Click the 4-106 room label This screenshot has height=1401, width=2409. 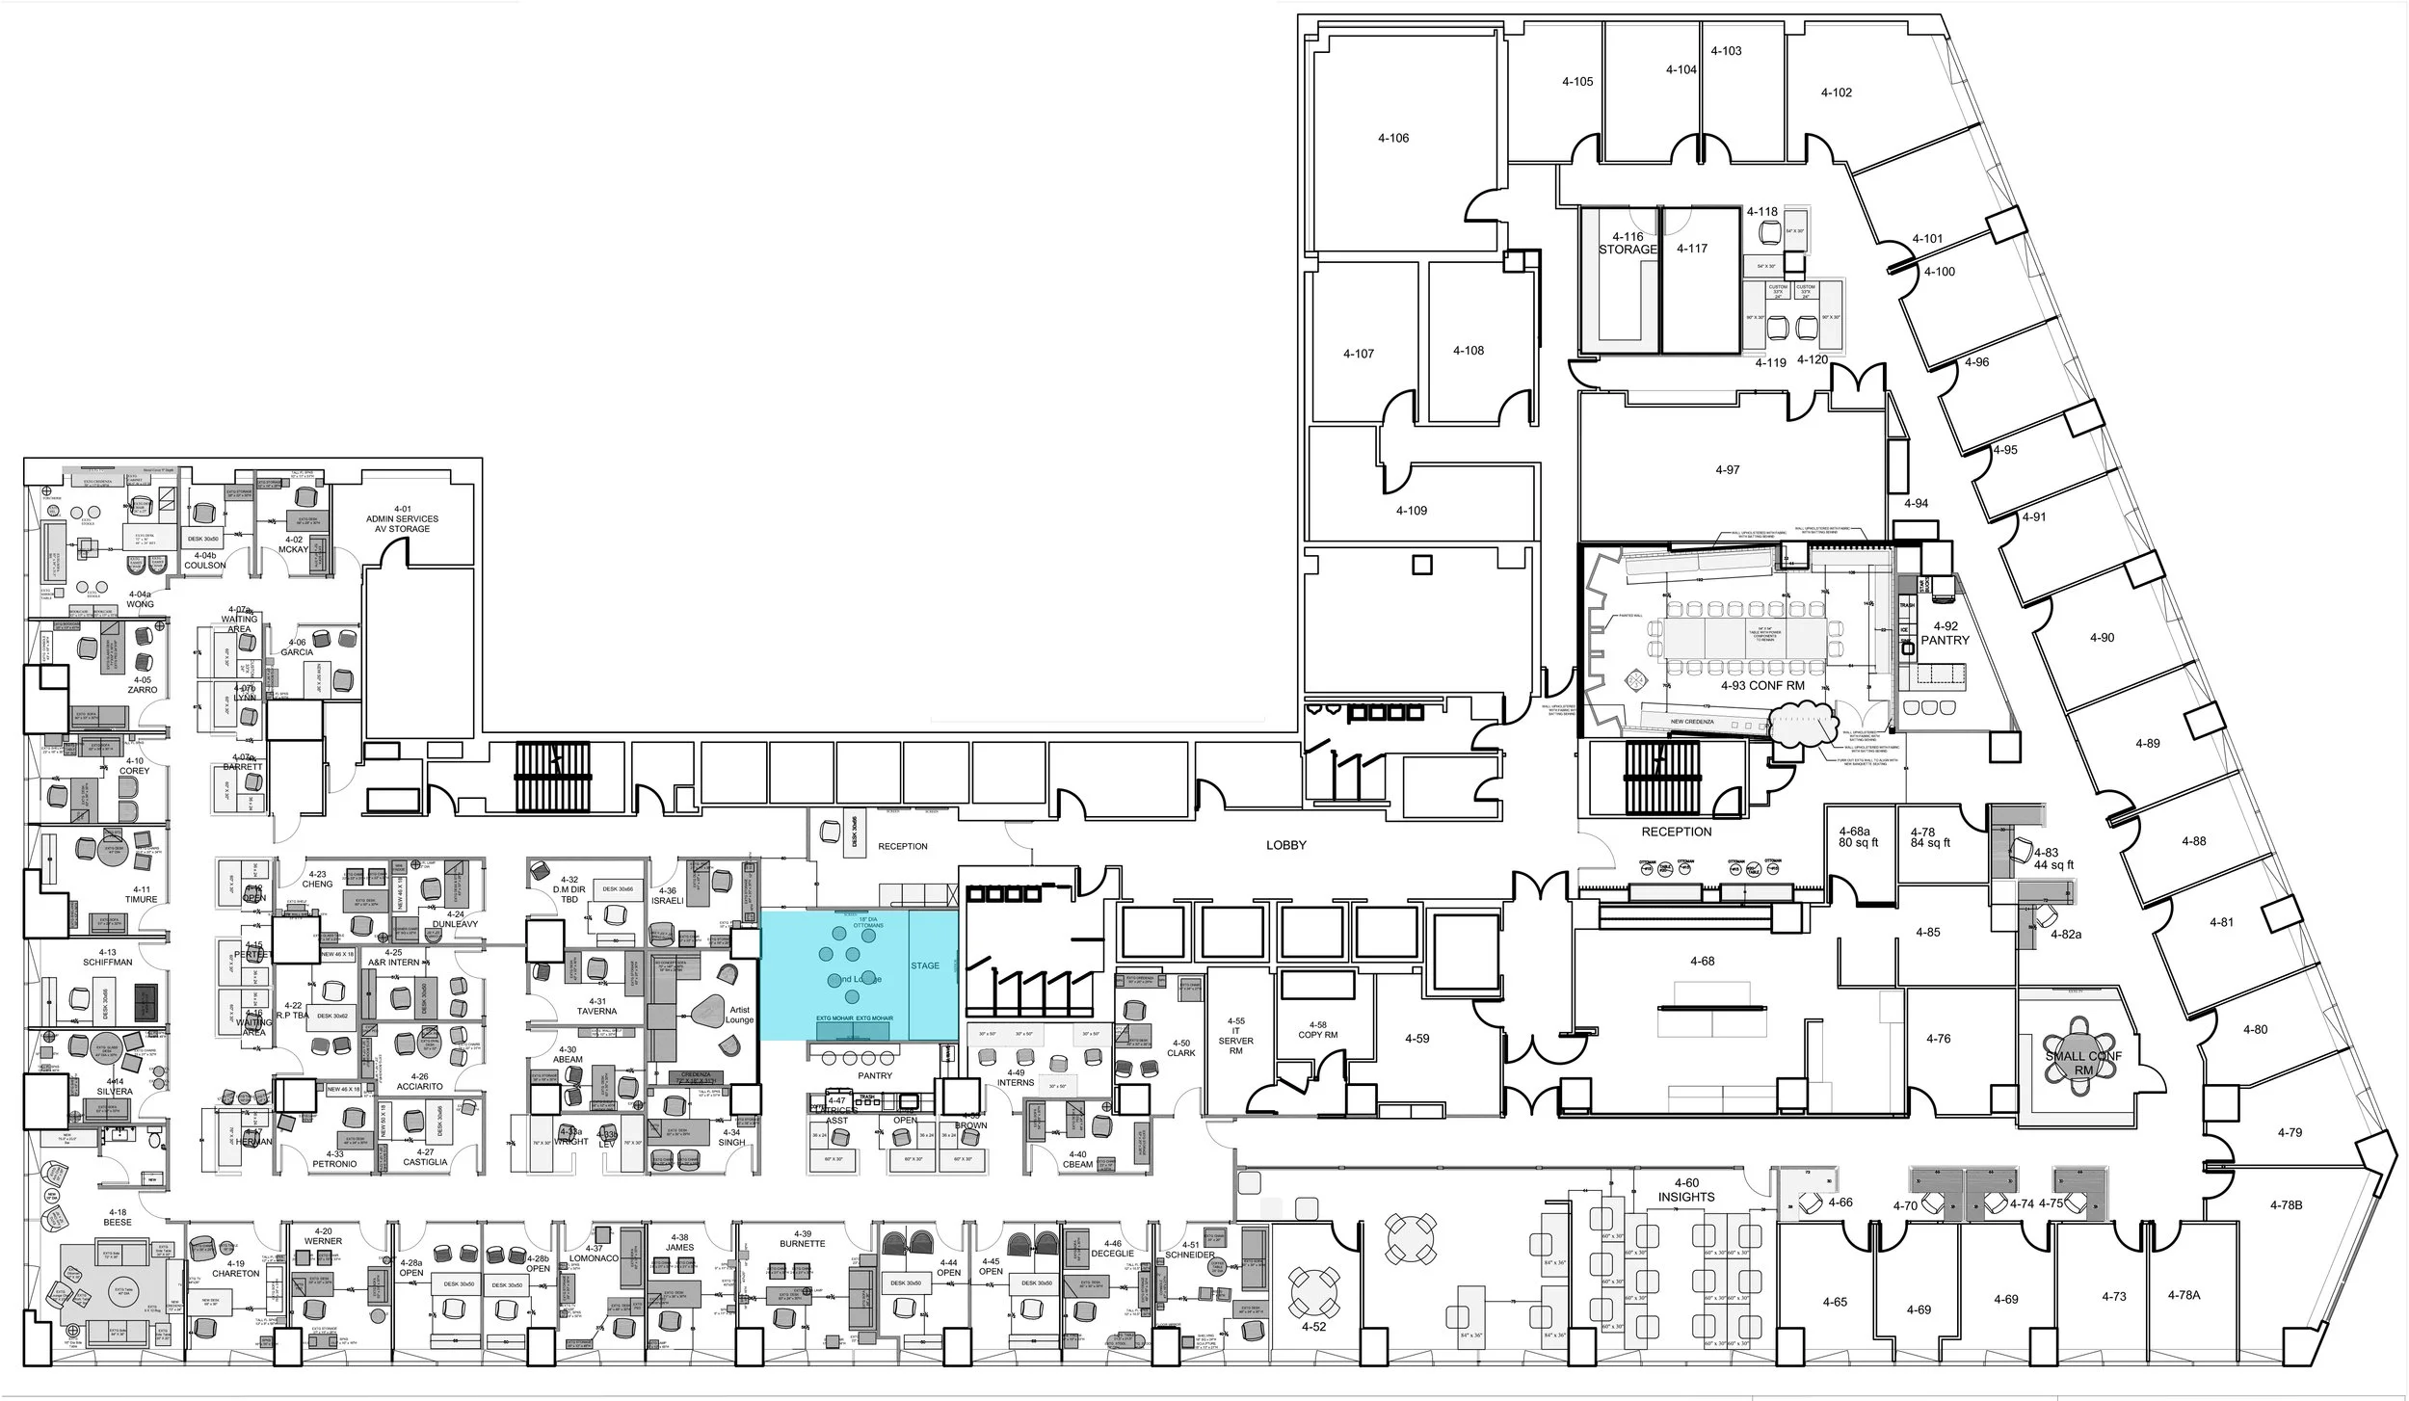pyautogui.click(x=1392, y=138)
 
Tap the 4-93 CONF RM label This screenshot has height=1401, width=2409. pyautogui.click(x=1762, y=686)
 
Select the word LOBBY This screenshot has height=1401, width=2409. pyautogui.click(x=1286, y=845)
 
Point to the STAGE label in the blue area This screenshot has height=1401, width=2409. pyautogui.click(x=925, y=965)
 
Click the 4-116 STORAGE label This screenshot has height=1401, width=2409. pyautogui.click(x=1628, y=243)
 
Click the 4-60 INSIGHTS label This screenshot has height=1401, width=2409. pyautogui.click(x=1686, y=1190)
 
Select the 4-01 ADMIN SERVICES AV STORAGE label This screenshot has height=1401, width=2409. pyautogui.click(x=403, y=518)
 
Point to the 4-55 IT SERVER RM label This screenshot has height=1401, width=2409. pyautogui.click(x=1236, y=1035)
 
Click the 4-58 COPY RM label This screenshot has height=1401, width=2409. pyautogui.click(x=1317, y=1030)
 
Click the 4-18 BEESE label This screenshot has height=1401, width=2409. pyautogui.click(x=118, y=1216)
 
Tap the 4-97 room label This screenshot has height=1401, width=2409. pyautogui.click(x=1728, y=469)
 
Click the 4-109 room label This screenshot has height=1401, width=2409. pyautogui.click(x=1412, y=510)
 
